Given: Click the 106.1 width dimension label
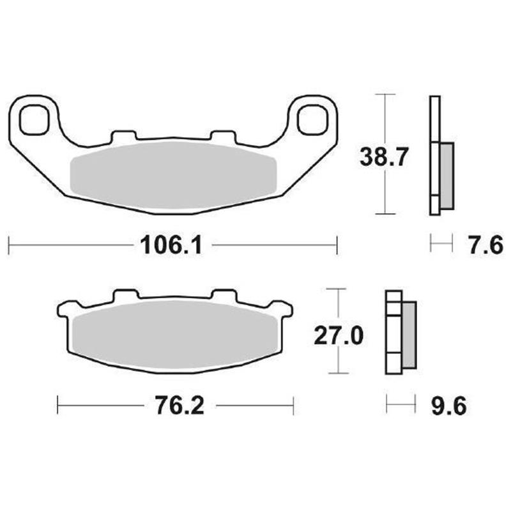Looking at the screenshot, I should [x=171, y=244].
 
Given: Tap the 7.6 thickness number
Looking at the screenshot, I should [x=485, y=244].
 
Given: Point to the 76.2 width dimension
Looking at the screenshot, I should [x=179, y=406].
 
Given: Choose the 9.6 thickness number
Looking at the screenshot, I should [x=448, y=406].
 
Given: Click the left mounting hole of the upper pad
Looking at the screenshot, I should [x=34, y=120].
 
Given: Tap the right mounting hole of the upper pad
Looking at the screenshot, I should [x=312, y=119].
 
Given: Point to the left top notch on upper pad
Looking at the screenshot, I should [x=123, y=135].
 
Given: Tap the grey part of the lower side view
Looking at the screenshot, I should [x=408, y=335].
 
